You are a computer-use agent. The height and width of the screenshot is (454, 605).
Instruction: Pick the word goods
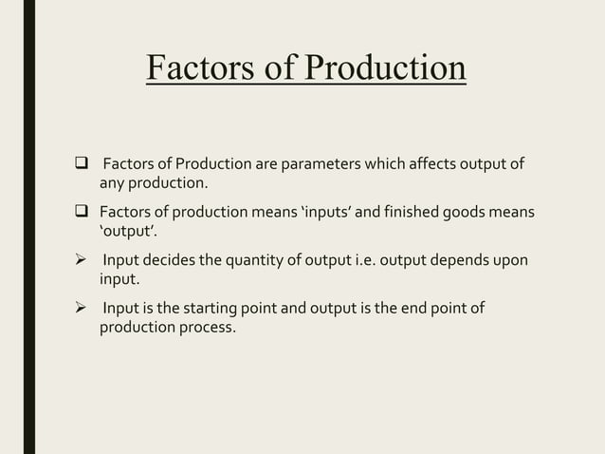(x=463, y=211)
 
